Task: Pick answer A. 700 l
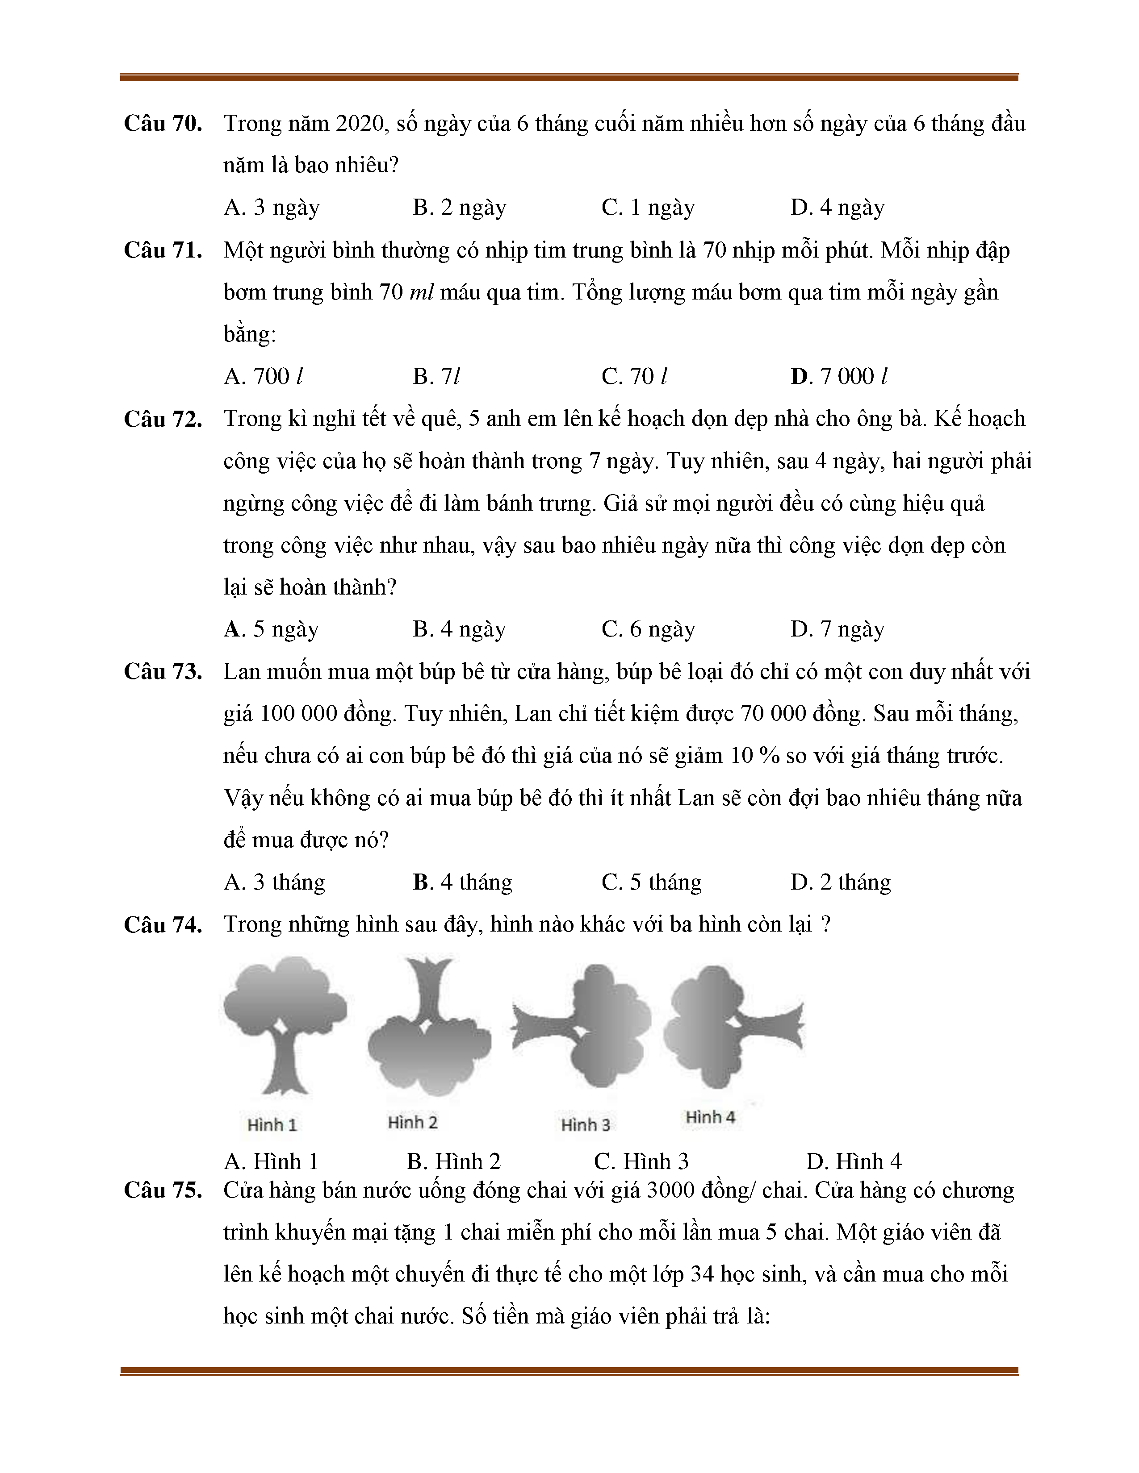pyautogui.click(x=263, y=376)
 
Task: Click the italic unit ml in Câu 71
pyautogui.click(x=421, y=292)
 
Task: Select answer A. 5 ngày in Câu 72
pyautogui.click(x=271, y=628)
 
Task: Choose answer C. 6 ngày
pyautogui.click(x=648, y=628)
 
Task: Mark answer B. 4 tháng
pyautogui.click(x=462, y=882)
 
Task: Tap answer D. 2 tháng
pyautogui.click(x=840, y=882)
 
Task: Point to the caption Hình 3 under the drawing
pyautogui.click(x=585, y=1125)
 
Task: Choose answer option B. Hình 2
pyautogui.click(x=453, y=1161)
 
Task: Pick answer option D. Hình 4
pyautogui.click(x=854, y=1161)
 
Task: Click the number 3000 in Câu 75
pyautogui.click(x=671, y=1190)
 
